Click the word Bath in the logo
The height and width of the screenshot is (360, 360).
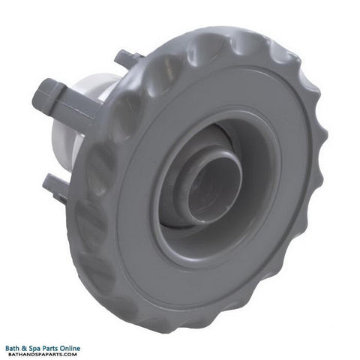(x=12, y=348)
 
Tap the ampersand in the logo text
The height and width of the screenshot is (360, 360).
(x=23, y=349)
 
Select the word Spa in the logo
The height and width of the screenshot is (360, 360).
(x=33, y=349)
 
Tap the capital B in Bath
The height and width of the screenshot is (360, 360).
(x=7, y=349)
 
